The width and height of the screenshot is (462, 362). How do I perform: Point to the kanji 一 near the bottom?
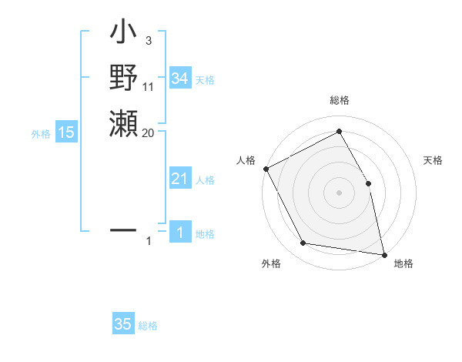point(124,230)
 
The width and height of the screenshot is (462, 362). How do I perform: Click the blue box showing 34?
point(180,79)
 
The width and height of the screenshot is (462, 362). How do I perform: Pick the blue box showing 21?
point(179,179)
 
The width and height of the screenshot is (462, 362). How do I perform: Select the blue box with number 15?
point(66,132)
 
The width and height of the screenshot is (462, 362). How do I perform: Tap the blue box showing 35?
point(123,324)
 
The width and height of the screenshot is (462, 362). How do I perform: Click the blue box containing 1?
point(179,233)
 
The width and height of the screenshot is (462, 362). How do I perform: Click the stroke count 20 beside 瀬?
point(148,132)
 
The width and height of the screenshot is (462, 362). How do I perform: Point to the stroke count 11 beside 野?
point(149,87)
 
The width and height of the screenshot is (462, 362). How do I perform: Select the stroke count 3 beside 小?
point(148,40)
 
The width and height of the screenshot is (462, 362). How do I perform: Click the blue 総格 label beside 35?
point(148,326)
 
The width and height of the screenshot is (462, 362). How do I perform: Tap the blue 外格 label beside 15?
point(41,134)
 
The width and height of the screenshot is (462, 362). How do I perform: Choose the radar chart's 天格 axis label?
point(434,161)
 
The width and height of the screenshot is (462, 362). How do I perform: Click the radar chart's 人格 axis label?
point(246,160)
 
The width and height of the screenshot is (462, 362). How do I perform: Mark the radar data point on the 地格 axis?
point(384,254)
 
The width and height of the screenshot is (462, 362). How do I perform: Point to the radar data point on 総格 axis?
point(339,132)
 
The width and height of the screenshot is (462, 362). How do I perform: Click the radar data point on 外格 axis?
point(303,243)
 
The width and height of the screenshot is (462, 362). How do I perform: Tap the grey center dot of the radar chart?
point(339,192)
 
